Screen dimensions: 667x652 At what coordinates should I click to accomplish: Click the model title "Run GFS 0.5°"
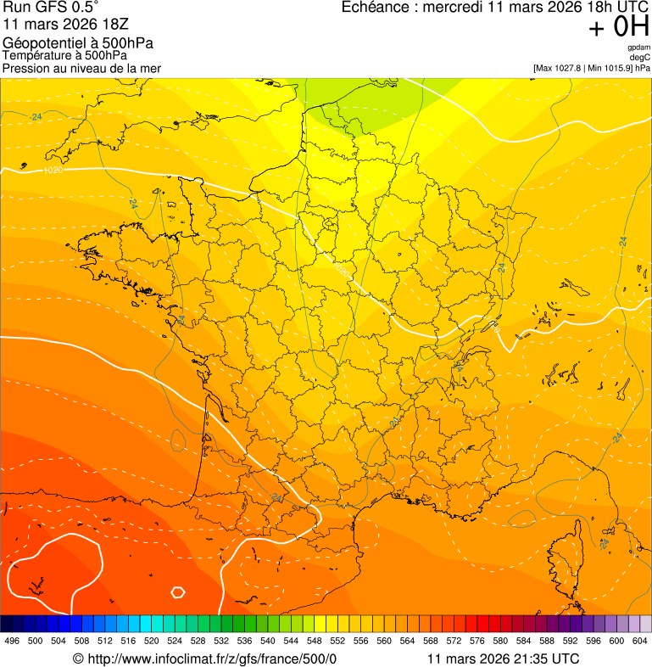[x=51, y=8]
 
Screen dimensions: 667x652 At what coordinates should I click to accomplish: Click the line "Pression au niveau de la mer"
[x=81, y=68]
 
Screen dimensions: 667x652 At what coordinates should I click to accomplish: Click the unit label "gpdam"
[x=638, y=48]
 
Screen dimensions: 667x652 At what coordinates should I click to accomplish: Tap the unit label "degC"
[x=640, y=57]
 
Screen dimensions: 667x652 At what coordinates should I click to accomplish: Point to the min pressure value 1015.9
[x=614, y=68]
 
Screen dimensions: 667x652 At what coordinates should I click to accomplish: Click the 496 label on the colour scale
[x=12, y=641]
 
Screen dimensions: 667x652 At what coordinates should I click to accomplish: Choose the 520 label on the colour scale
[x=152, y=641]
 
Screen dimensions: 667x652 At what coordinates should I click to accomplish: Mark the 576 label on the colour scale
[x=477, y=641]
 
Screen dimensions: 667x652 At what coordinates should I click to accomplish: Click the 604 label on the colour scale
[x=640, y=641]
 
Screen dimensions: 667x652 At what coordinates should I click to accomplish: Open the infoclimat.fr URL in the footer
[x=212, y=659]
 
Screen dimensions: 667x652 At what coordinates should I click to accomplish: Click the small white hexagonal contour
[x=178, y=591]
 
